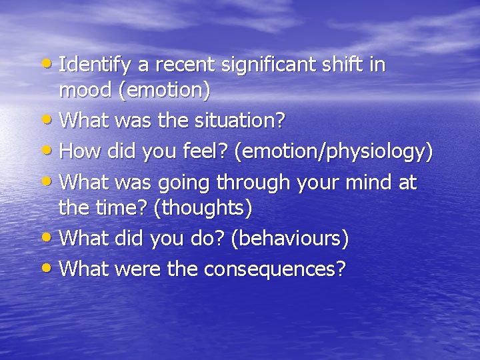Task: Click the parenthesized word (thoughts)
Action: (203, 208)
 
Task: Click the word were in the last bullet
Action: (134, 269)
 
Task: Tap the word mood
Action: (86, 91)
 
